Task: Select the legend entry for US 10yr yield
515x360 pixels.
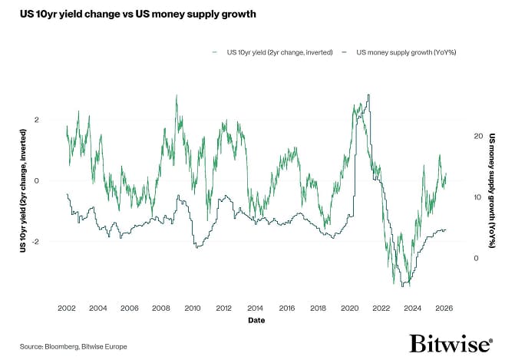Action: (272, 51)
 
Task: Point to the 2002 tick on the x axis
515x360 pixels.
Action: (67, 308)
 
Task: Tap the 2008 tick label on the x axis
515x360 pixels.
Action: (161, 308)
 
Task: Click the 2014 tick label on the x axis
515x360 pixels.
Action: (256, 308)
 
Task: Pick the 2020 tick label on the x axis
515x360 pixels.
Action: (350, 308)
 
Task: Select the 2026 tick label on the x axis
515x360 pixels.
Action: (444, 308)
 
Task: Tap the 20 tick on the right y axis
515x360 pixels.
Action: (477, 136)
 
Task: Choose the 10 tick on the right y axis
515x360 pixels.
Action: (477, 197)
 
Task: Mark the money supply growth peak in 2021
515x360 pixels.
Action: (369, 95)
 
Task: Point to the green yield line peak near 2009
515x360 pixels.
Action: (177, 96)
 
